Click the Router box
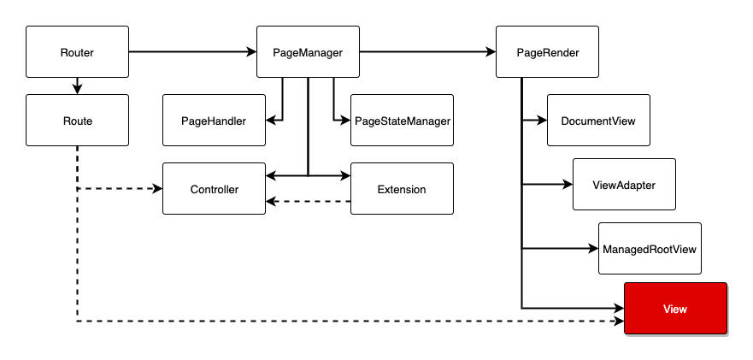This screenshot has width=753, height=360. point(77,52)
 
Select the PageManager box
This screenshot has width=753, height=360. point(308,52)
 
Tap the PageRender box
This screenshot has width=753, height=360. point(548,52)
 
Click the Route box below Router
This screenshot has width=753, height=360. point(77,121)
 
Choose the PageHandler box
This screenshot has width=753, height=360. point(215,121)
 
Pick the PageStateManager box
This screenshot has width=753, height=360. point(402,121)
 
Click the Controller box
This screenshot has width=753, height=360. point(215,188)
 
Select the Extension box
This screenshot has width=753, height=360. point(402,188)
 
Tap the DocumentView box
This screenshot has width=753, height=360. point(598,121)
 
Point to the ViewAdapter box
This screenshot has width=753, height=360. point(624,184)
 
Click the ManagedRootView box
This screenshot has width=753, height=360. point(650,249)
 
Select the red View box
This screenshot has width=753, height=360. point(676,309)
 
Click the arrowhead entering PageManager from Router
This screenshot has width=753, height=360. point(251,51)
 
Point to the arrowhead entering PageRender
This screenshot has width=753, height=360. point(491,51)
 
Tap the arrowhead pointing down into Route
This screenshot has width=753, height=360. point(77,89)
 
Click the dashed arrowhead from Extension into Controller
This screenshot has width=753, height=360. point(271,202)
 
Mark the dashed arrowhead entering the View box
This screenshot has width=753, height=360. point(619,321)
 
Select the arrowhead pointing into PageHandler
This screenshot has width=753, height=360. point(271,121)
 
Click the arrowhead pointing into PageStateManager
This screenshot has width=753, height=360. point(345,121)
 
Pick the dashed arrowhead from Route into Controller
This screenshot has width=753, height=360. point(157,188)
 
